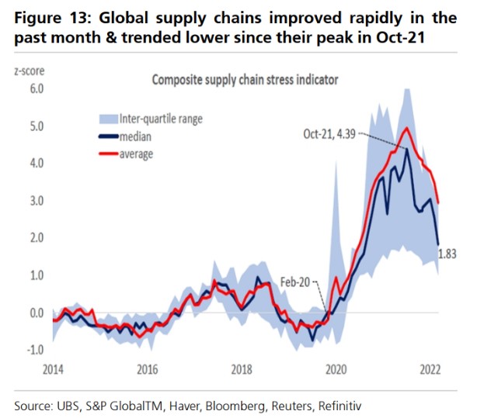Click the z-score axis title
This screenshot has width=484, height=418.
[31, 71]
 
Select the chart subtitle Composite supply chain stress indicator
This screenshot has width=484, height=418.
[249, 79]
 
